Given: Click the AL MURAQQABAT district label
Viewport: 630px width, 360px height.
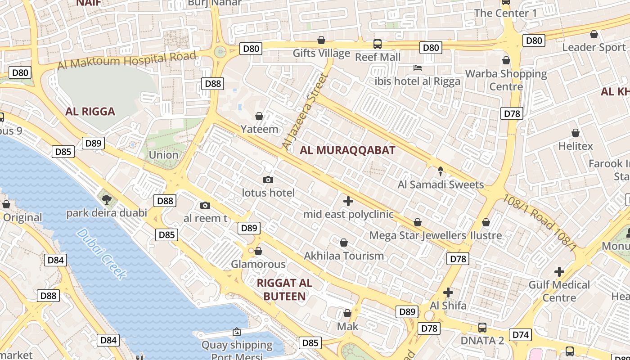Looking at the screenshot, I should [x=347, y=150].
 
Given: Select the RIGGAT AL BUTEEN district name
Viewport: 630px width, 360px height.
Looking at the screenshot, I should [x=284, y=289].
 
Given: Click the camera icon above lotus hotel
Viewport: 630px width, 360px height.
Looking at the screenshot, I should [x=268, y=180].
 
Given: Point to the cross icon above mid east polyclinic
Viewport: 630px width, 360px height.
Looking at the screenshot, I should [x=348, y=201].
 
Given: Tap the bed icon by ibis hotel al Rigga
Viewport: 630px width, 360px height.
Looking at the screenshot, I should [x=418, y=68].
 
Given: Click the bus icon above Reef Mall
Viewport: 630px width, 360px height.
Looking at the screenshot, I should [x=378, y=44].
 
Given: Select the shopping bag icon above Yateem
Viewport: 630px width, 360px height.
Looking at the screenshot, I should [x=259, y=116].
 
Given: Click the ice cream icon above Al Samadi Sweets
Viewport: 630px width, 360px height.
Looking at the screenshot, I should [x=441, y=171].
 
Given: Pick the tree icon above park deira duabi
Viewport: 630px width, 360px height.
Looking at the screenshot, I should [x=107, y=199].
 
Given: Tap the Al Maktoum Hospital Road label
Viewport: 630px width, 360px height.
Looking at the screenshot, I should [x=127, y=60].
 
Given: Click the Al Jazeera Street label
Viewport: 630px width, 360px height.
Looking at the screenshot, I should [x=304, y=112].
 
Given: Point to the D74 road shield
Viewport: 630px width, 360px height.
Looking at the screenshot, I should [x=521, y=334].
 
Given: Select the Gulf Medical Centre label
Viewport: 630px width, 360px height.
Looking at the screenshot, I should [x=559, y=291].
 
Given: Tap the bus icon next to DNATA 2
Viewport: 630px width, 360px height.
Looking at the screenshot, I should [x=482, y=327].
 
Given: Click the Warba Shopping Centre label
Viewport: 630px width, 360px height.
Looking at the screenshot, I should [x=506, y=80].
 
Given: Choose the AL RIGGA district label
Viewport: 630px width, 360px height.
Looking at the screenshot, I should [x=90, y=112].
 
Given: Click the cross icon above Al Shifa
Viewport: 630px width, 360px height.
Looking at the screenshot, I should [x=448, y=292].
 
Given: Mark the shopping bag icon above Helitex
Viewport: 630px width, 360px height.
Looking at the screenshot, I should [x=575, y=133].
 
